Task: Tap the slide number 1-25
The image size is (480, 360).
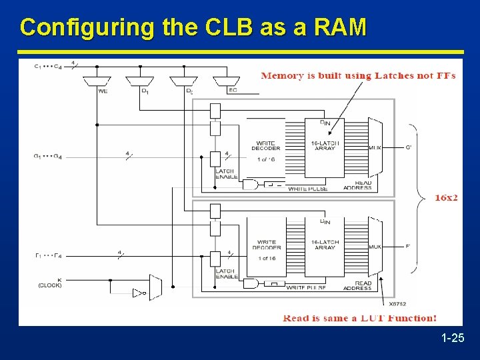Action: pyautogui.click(x=453, y=339)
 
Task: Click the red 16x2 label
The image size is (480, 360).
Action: pyautogui.click(x=446, y=198)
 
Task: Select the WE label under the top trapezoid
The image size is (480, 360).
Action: pyautogui.click(x=103, y=91)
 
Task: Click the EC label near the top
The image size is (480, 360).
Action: pyautogui.click(x=233, y=91)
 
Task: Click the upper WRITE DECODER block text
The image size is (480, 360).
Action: pyautogui.click(x=266, y=146)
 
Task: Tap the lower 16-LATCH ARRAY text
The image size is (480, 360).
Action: pyautogui.click(x=325, y=245)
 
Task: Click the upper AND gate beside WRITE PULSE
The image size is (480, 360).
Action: pyautogui.click(x=250, y=185)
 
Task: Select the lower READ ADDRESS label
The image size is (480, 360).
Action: pyautogui.click(x=357, y=286)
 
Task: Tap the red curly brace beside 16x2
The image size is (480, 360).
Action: pyautogui.click(x=418, y=198)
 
